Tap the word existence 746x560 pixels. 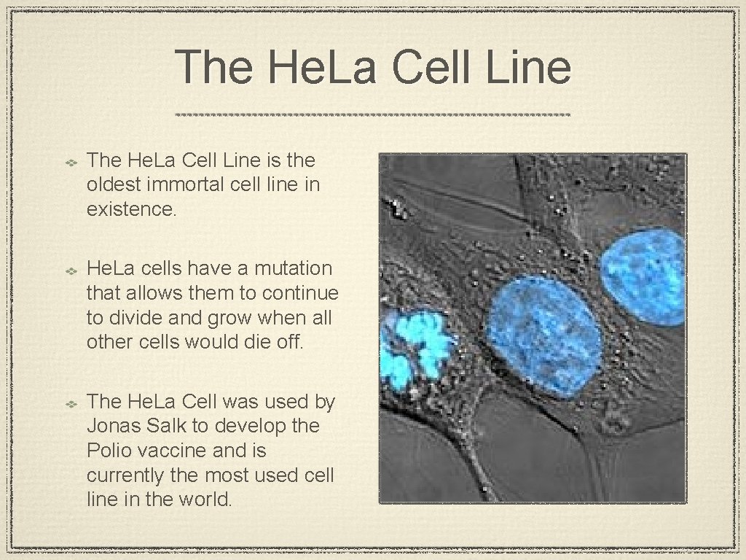[131, 209]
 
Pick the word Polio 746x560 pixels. [110, 450]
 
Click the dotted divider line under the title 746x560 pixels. [373, 115]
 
